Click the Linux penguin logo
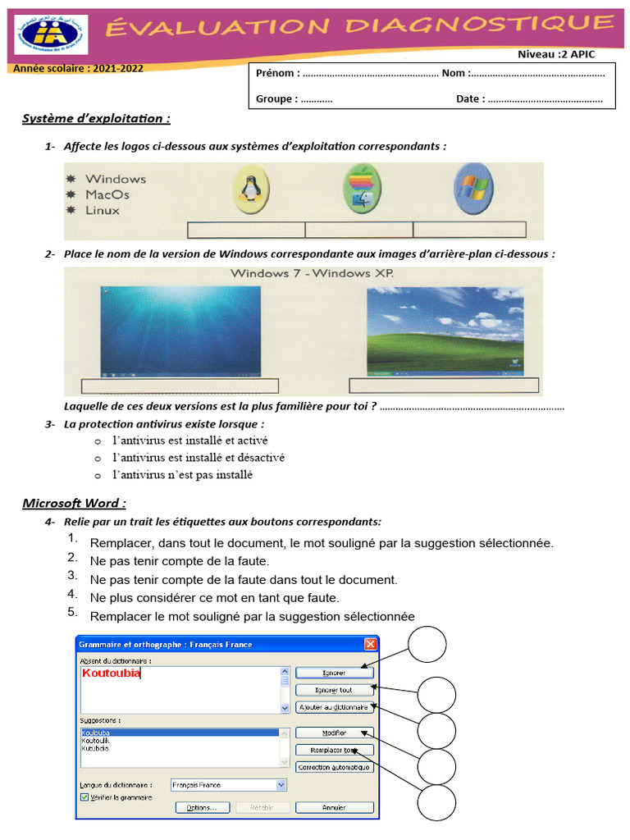(248, 189)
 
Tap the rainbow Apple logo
(358, 188)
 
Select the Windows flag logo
(472, 188)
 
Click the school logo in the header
(50, 34)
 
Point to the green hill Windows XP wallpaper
(445, 329)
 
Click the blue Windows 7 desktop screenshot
(180, 330)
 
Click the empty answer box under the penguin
(246, 230)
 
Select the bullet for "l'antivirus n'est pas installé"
(98, 476)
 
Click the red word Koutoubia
(112, 673)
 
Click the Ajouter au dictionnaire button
(334, 706)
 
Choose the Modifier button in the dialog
(334, 733)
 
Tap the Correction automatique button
(334, 768)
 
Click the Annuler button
(334, 807)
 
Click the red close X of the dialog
(370, 645)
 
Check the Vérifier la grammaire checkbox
(84, 797)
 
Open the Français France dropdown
(281, 785)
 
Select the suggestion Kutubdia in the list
(96, 748)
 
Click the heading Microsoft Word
(74, 503)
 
